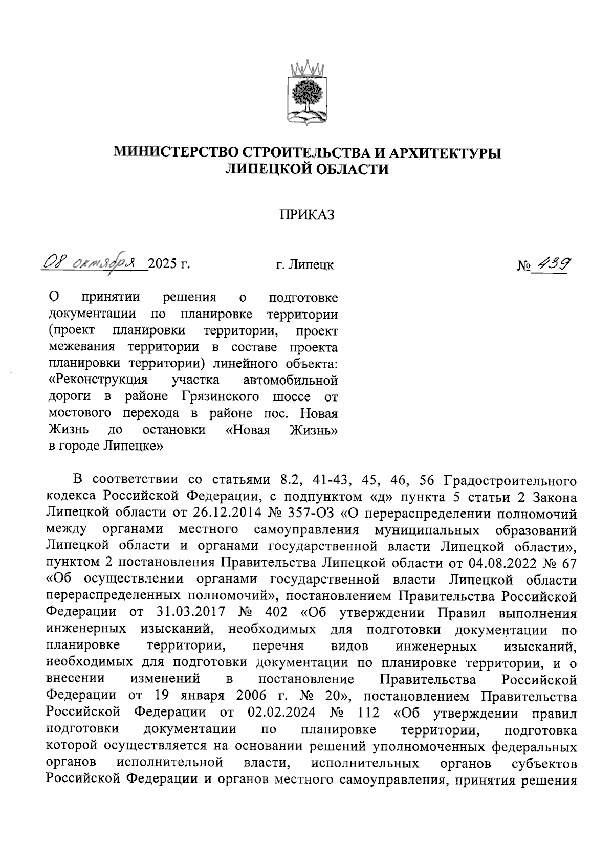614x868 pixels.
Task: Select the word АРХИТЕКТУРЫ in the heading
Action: pyautogui.click(x=445, y=152)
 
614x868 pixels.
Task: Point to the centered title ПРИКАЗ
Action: pyautogui.click(x=307, y=215)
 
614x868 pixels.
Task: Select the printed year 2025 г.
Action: pyautogui.click(x=168, y=264)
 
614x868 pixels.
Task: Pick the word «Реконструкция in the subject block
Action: pyautogui.click(x=98, y=380)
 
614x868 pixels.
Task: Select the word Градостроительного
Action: pyautogui.click(x=511, y=481)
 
